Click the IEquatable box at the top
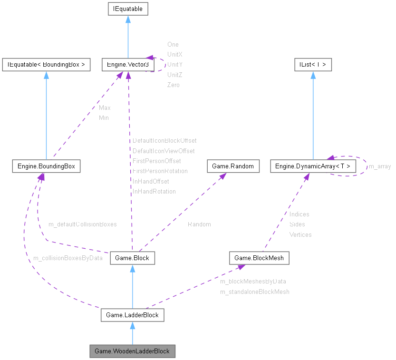(x=127, y=9)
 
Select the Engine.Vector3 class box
(x=126, y=65)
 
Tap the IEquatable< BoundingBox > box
(x=46, y=65)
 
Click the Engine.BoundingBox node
(x=46, y=166)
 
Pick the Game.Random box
(x=233, y=166)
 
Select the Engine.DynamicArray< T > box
(x=312, y=166)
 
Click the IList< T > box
(x=312, y=65)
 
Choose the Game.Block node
(x=132, y=258)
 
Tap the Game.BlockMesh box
(x=259, y=258)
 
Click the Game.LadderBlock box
(x=132, y=315)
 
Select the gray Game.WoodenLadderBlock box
(x=132, y=351)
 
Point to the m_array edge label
(x=380, y=166)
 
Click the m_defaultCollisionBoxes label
(x=82, y=224)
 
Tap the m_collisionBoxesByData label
(x=68, y=258)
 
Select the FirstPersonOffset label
(x=156, y=161)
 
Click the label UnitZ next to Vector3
(x=174, y=75)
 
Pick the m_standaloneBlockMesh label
(x=254, y=292)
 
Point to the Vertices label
(x=300, y=234)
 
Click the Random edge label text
(x=199, y=224)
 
